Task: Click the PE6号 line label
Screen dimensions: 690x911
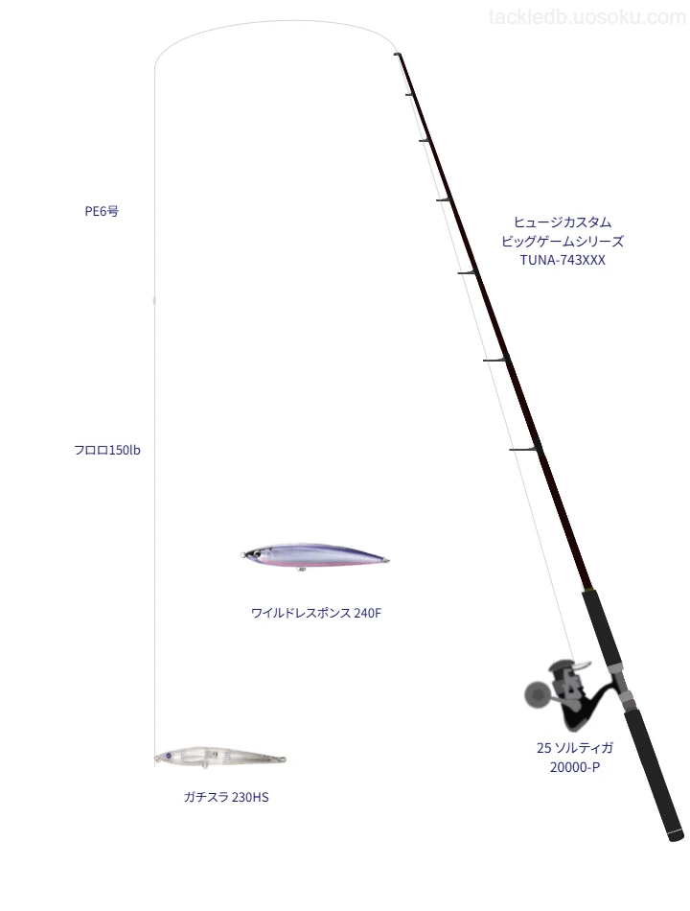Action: click(102, 211)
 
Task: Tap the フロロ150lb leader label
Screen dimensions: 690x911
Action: click(107, 450)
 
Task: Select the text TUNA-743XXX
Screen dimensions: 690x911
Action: click(563, 260)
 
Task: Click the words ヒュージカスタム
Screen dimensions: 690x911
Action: click(563, 222)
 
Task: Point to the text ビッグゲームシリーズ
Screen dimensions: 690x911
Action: click(563, 241)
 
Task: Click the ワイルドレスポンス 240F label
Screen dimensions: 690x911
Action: click(316, 613)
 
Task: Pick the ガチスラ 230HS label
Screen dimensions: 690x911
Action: click(226, 797)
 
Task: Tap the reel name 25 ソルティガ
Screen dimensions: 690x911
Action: click(574, 748)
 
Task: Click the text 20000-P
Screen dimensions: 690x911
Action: click(574, 767)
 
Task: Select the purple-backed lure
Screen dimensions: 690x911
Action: click(314, 556)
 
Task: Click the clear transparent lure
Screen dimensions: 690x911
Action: click(219, 758)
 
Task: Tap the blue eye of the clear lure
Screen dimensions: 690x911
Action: click(169, 757)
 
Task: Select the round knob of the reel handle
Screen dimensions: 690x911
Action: click(536, 693)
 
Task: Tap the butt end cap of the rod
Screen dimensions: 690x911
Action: click(676, 835)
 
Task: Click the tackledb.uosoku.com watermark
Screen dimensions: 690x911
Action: click(587, 17)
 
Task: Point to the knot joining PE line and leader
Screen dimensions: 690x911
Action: click(154, 300)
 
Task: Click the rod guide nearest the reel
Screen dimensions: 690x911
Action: click(525, 449)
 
